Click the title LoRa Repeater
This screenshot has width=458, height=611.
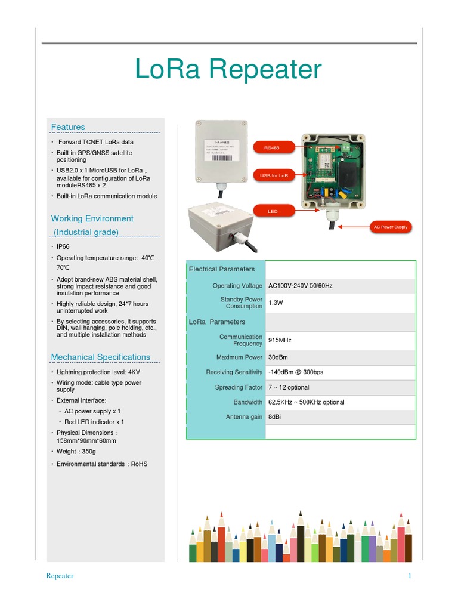[x=228, y=70]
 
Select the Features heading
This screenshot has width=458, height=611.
[x=68, y=127]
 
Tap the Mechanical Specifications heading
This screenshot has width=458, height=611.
[x=101, y=357]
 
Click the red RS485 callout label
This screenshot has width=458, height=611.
[x=273, y=147]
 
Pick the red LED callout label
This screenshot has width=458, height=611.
[x=273, y=211]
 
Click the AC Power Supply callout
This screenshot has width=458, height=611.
[x=390, y=227]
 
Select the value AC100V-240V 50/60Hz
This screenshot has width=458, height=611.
[x=301, y=286]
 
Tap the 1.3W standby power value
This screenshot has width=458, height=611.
[x=275, y=303]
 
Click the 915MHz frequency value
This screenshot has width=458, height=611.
[x=280, y=340]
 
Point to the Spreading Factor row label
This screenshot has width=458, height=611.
[x=239, y=387]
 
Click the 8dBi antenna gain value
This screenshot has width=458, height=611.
[x=274, y=417]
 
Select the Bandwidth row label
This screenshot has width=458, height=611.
[x=247, y=402]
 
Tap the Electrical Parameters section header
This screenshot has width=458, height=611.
[x=222, y=269]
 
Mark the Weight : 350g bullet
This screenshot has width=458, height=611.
[x=76, y=452]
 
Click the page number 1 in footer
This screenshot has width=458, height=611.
[x=410, y=576]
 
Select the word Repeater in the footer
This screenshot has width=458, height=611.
[x=60, y=576]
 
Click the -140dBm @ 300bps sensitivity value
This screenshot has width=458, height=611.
[x=296, y=372]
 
